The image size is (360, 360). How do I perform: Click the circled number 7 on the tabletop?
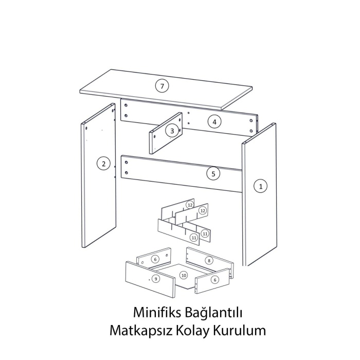pyautogui.click(x=162, y=86)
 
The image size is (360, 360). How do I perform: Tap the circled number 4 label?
pyautogui.click(x=214, y=122)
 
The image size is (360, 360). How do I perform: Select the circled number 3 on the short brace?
pyautogui.click(x=172, y=131)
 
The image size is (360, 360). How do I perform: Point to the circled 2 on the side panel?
pyautogui.click(x=103, y=164)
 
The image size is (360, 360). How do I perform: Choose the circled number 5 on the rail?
pyautogui.click(x=213, y=174)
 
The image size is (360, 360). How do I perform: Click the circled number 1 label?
pyautogui.click(x=261, y=186)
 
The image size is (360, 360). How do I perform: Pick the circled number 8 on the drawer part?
pyautogui.click(x=209, y=261)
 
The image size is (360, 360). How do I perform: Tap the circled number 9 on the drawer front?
pyautogui.click(x=156, y=279)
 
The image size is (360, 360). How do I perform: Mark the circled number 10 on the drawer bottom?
pyautogui.click(x=184, y=275)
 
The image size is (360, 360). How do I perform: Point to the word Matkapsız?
pyautogui.click(x=141, y=331)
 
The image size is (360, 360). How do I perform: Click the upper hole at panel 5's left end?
pyautogui.click(x=127, y=163)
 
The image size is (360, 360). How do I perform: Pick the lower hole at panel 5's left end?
pyautogui.click(x=127, y=173)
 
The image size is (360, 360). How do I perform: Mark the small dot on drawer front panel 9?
pyautogui.click(x=149, y=280)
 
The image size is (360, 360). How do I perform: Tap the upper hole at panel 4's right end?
pyautogui.click(x=251, y=120)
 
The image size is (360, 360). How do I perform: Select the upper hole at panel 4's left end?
pyautogui.click(x=126, y=105)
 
